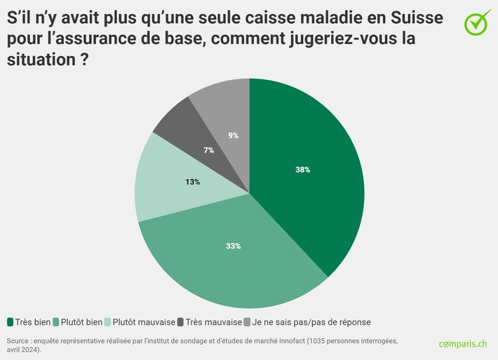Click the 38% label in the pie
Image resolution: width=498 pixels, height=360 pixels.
pyautogui.click(x=303, y=170)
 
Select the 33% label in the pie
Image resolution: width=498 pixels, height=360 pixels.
pyautogui.click(x=234, y=246)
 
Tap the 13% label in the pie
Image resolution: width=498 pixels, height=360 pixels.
pyautogui.click(x=193, y=182)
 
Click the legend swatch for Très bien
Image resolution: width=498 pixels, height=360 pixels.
pyautogui.click(x=11, y=322)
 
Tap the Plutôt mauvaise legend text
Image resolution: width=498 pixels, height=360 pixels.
pyautogui.click(x=144, y=322)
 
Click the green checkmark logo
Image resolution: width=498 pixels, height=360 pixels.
pyautogui.click(x=478, y=22)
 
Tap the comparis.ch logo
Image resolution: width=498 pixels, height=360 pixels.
pyautogui.click(x=462, y=344)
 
